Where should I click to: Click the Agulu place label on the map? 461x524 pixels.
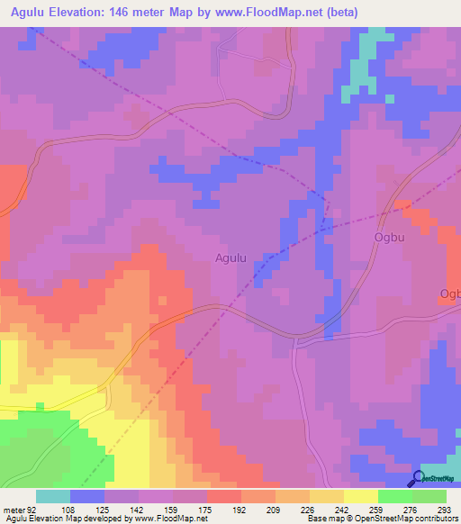point(230,258)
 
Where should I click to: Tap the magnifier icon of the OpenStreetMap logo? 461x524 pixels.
point(419,479)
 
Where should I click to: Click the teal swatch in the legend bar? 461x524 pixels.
point(53,496)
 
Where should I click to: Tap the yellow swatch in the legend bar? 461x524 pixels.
point(361,496)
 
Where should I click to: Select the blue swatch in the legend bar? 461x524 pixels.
point(87,496)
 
